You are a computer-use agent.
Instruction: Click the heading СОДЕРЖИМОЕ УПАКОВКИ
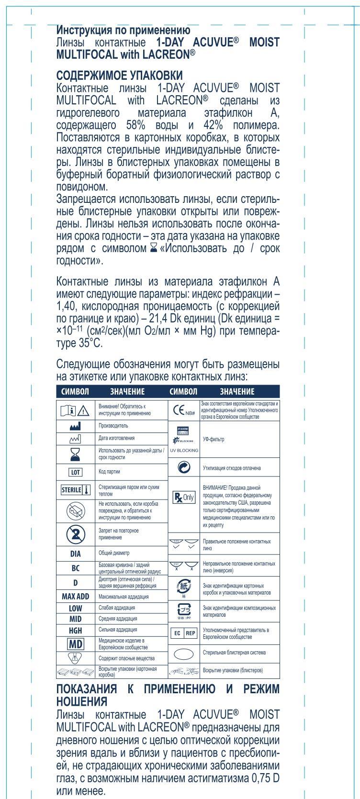[x=119, y=76]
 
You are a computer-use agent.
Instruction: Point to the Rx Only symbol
[x=184, y=498]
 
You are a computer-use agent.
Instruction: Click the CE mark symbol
[x=183, y=410]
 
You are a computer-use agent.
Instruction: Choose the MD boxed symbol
[x=76, y=643]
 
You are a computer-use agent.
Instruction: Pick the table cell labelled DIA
[x=76, y=554]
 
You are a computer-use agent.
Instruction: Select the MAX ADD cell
[x=75, y=597]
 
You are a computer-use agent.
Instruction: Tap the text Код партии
[x=110, y=472]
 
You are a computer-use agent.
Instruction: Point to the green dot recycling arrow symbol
[x=184, y=467]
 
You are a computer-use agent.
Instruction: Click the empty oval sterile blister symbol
[x=184, y=653]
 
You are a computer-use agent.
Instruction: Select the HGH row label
[x=76, y=631]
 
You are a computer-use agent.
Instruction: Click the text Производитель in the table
[x=113, y=425]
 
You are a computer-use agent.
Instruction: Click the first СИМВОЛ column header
[x=75, y=391]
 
